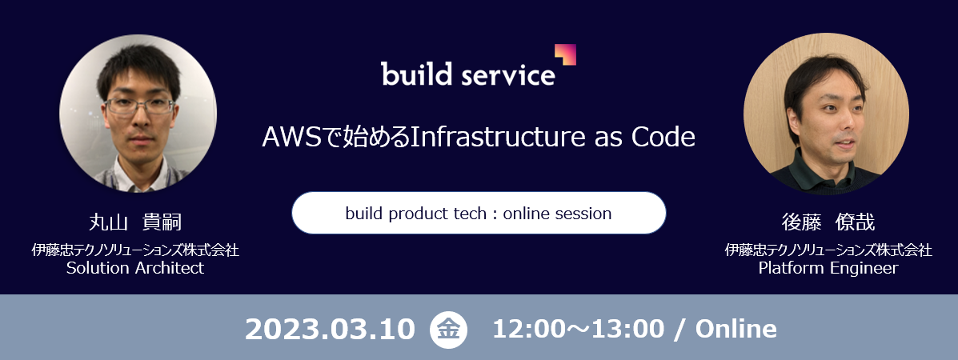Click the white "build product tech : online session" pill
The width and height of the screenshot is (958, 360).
click(x=479, y=213)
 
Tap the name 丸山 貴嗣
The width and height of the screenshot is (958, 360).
click(x=135, y=222)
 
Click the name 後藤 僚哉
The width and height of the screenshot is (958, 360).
click(x=828, y=222)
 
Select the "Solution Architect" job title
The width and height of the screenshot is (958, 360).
click(x=135, y=268)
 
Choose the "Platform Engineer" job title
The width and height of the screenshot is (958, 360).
click(x=828, y=268)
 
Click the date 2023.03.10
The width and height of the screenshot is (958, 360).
click(x=330, y=330)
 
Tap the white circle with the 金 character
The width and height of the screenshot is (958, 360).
click(x=448, y=330)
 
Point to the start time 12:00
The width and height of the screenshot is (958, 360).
click(x=526, y=330)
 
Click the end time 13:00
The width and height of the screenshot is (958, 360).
click(x=631, y=330)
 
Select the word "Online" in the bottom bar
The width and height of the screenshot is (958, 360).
click(x=736, y=330)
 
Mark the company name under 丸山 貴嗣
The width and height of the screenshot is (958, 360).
click(x=135, y=250)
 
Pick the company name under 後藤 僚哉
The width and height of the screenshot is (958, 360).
click(x=828, y=250)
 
